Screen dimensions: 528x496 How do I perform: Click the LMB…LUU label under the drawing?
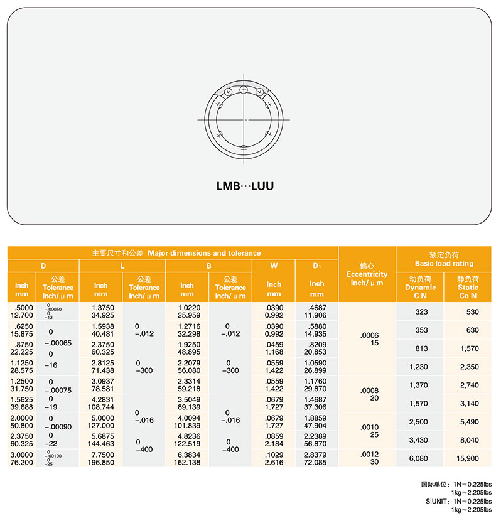(245, 186)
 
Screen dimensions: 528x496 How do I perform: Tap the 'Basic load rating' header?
(444, 259)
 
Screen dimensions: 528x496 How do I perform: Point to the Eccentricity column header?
(367, 274)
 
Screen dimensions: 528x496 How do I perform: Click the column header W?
(274, 266)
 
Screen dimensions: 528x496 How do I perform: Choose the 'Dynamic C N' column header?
(420, 287)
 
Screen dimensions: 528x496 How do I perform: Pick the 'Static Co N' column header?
(468, 287)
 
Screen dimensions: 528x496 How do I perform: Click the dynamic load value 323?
(422, 311)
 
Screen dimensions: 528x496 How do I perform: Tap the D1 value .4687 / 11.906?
(316, 311)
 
